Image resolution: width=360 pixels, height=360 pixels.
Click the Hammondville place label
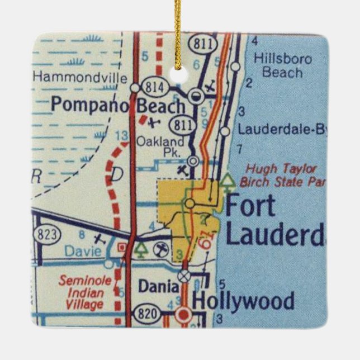click(x=80, y=78)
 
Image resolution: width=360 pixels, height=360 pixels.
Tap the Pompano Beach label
click(x=117, y=104)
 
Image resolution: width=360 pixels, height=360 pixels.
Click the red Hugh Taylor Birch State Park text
click(x=282, y=175)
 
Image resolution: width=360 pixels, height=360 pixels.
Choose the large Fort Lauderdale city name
click(x=273, y=220)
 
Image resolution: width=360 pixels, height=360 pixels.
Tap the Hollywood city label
click(x=243, y=301)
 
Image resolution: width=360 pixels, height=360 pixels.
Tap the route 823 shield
click(x=46, y=234)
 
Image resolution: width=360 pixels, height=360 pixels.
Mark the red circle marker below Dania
click(x=183, y=315)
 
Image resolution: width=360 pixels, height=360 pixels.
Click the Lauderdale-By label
click(x=282, y=130)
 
